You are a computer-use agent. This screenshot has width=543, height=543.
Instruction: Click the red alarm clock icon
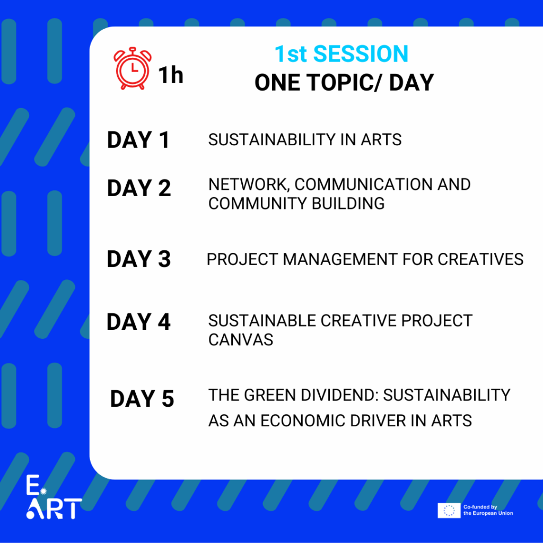click(x=132, y=68)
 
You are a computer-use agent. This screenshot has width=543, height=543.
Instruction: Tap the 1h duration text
click(x=171, y=75)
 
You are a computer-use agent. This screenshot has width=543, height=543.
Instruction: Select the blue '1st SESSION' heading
click(x=341, y=54)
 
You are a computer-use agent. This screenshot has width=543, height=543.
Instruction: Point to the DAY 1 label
click(x=138, y=140)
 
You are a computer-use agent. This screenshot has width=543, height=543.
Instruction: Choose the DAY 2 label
click(x=139, y=188)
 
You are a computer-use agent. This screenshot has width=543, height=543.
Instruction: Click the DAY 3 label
click(x=139, y=259)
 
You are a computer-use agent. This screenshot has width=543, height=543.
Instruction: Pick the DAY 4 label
click(x=138, y=322)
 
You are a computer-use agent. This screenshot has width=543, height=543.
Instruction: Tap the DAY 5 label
click(x=142, y=399)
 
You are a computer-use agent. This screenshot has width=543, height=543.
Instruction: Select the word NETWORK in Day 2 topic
click(x=248, y=185)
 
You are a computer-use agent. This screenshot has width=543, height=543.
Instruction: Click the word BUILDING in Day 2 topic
click(x=348, y=204)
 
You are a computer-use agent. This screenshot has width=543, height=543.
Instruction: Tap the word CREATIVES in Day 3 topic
click(x=480, y=259)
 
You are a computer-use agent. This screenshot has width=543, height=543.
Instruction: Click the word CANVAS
click(x=241, y=340)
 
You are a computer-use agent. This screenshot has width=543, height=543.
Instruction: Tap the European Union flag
click(x=449, y=511)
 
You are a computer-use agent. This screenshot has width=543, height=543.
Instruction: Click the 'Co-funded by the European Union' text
click(x=488, y=510)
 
